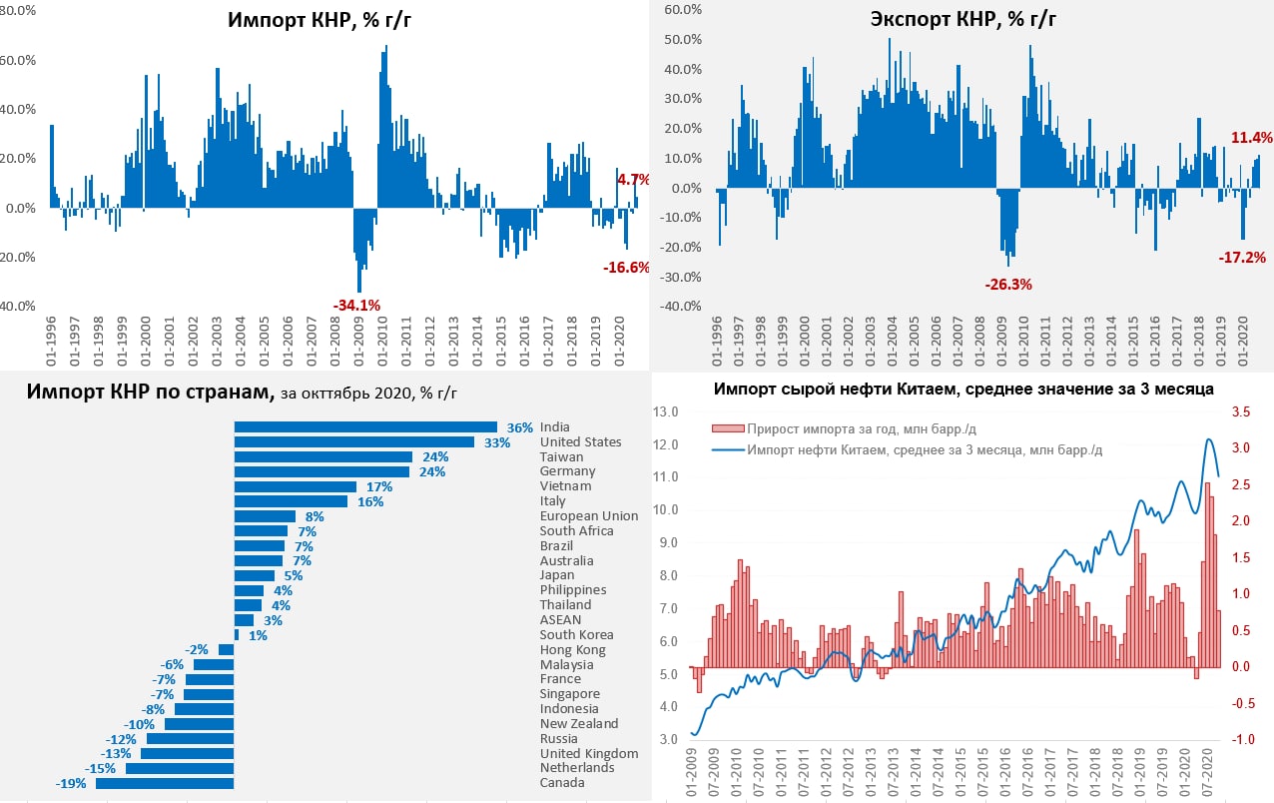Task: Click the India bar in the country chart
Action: pyautogui.click(x=365, y=427)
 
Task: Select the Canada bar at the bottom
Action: pyautogui.click(x=165, y=783)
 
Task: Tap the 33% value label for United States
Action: pyautogui.click(x=496, y=441)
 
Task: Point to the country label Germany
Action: pyautogui.click(x=567, y=471)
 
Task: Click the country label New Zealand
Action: pyautogui.click(x=579, y=723)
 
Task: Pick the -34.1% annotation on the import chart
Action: pyautogui.click(x=356, y=305)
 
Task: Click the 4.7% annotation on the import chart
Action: pyautogui.click(x=633, y=180)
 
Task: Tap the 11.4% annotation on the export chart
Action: pyautogui.click(x=1252, y=138)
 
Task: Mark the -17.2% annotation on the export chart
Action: pyautogui.click(x=1242, y=257)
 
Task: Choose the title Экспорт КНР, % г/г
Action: pyautogui.click(x=962, y=19)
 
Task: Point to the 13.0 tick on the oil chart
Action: pyautogui.click(x=666, y=411)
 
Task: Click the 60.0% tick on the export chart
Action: pyautogui.click(x=684, y=9)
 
